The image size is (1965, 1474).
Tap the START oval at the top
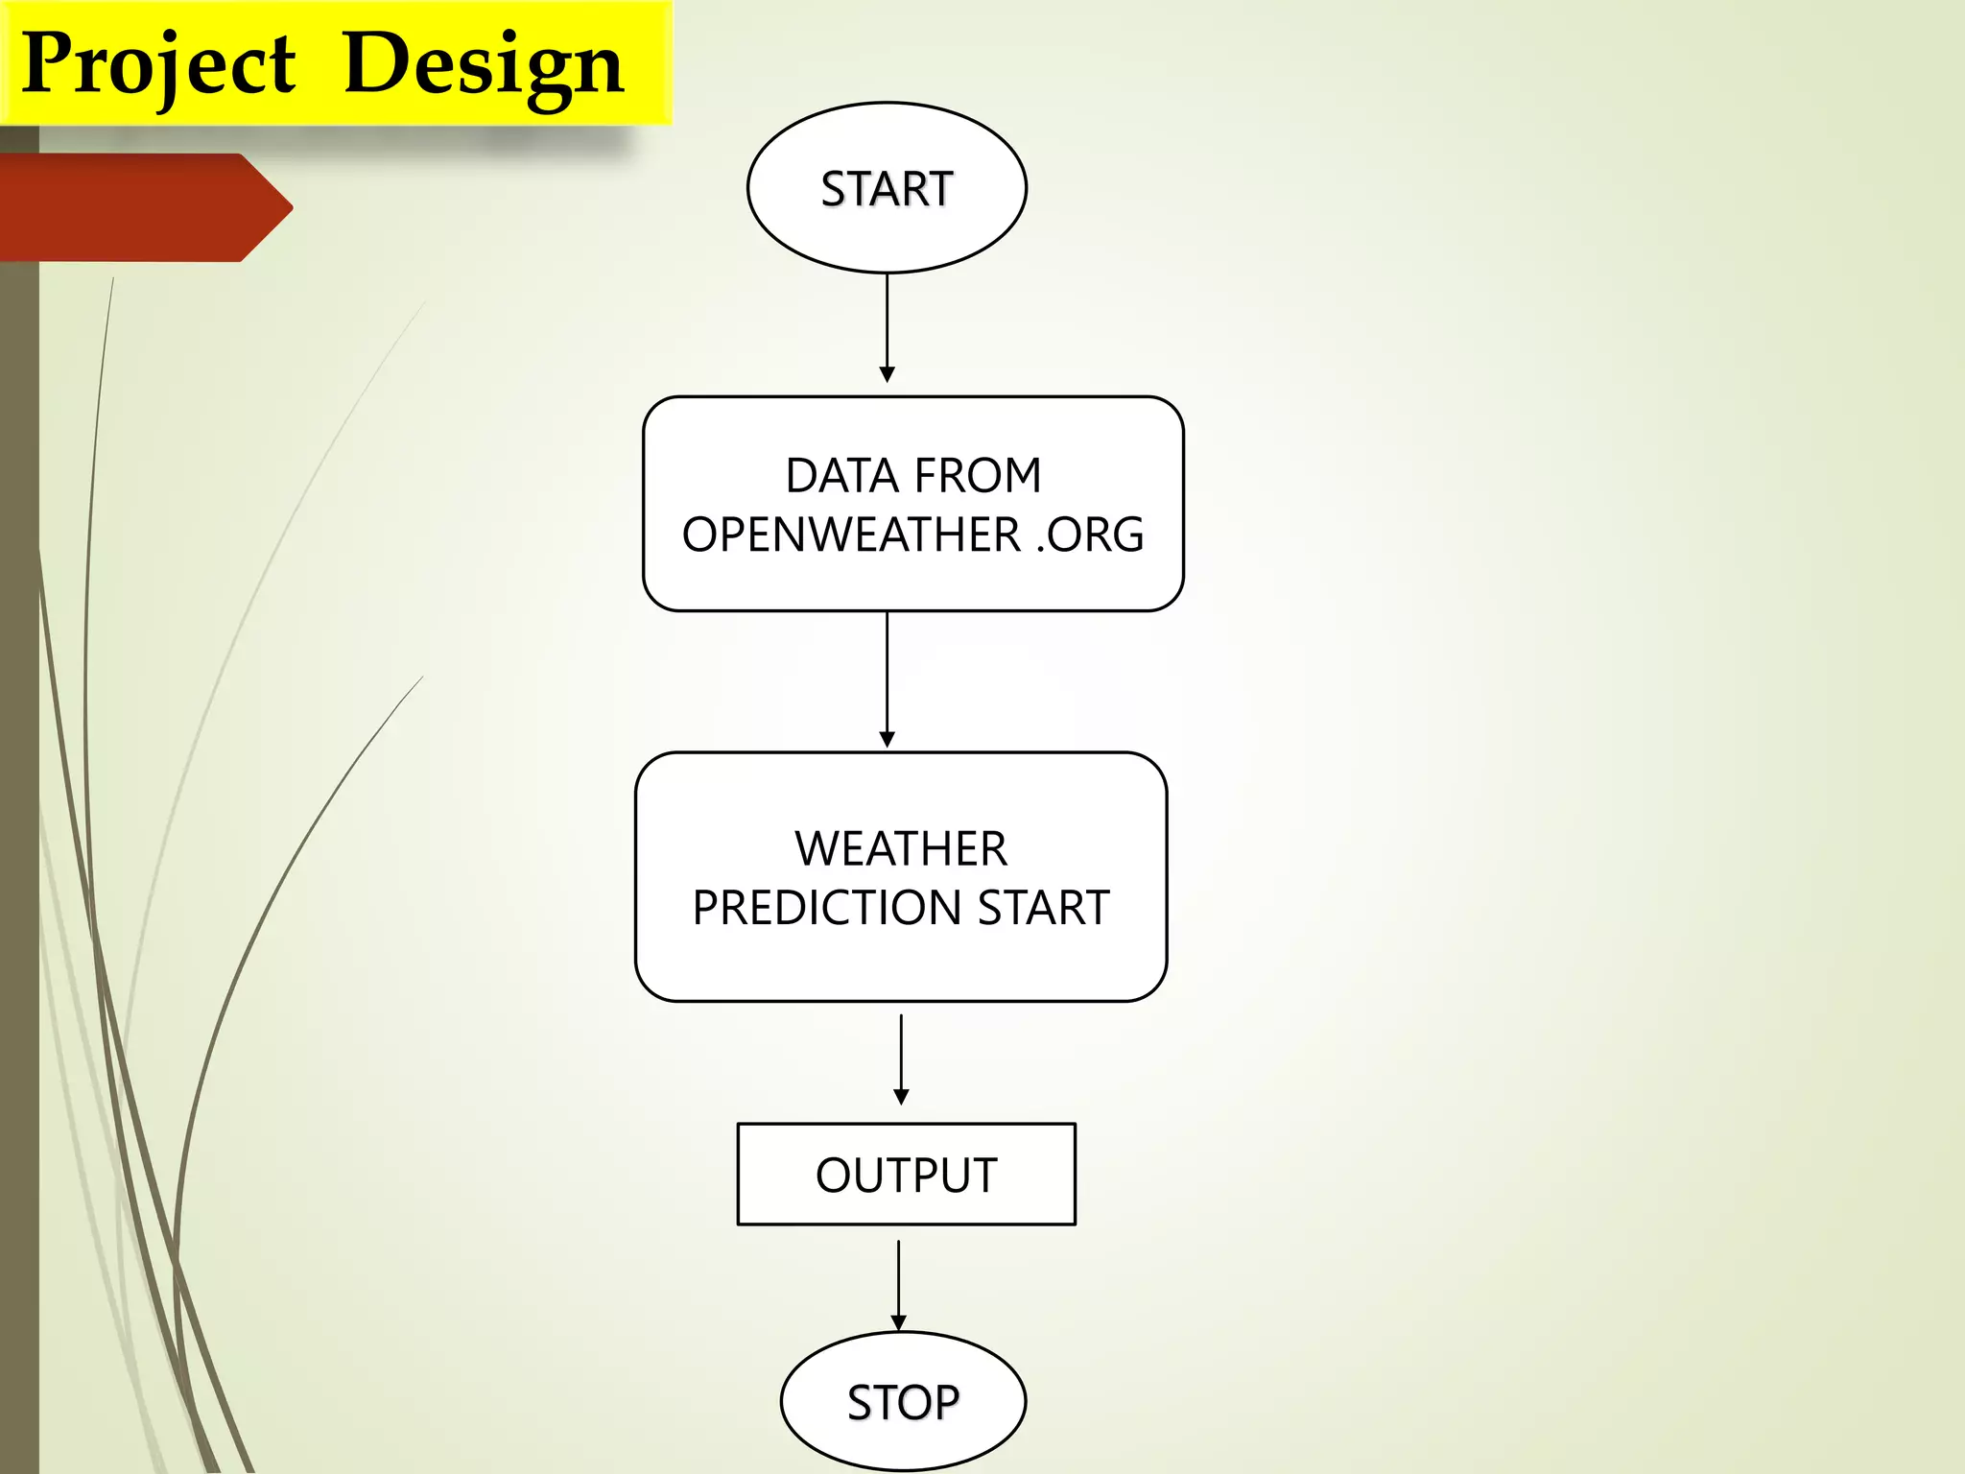pos(887,188)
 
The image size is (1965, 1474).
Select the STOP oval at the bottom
pos(903,1402)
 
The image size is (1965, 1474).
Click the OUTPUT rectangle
pos(906,1175)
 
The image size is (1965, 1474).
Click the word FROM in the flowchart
pos(978,476)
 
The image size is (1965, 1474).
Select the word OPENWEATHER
pos(851,535)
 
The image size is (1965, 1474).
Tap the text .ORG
pos(1090,535)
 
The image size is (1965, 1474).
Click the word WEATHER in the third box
pos(901,849)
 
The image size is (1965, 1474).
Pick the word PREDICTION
pos(826,908)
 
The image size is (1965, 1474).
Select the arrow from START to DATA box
pos(887,326)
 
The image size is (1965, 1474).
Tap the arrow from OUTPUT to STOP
pos(898,1282)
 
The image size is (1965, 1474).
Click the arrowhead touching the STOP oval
pos(898,1323)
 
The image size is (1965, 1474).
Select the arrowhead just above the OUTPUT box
pos(901,1097)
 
